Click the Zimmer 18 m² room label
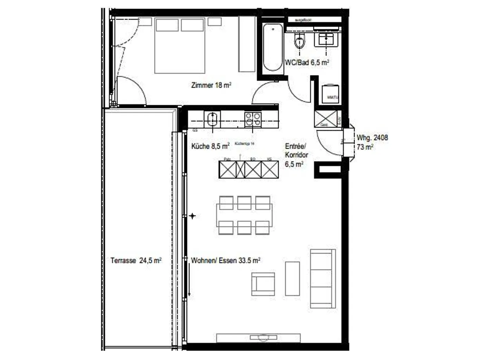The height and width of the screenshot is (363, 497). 211,85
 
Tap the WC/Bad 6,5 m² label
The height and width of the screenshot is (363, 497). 306,62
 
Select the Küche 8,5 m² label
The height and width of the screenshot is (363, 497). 210,146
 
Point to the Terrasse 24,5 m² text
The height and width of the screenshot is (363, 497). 136,261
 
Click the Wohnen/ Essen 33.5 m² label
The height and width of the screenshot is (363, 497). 225,261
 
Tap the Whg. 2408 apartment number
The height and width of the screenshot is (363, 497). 372,137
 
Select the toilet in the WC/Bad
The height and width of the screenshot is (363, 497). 300,42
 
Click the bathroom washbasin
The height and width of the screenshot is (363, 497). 326,39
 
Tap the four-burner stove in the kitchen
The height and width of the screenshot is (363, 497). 253,120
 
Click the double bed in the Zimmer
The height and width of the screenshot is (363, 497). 179,46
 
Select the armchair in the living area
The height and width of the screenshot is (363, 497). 263,284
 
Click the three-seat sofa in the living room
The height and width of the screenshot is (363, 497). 323,278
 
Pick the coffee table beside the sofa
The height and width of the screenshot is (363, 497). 292,278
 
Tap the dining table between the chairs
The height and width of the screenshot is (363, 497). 244,215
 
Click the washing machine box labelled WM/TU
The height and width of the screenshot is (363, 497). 330,94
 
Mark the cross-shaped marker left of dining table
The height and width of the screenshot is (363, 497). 192,216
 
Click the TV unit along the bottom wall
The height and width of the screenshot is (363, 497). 258,337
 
